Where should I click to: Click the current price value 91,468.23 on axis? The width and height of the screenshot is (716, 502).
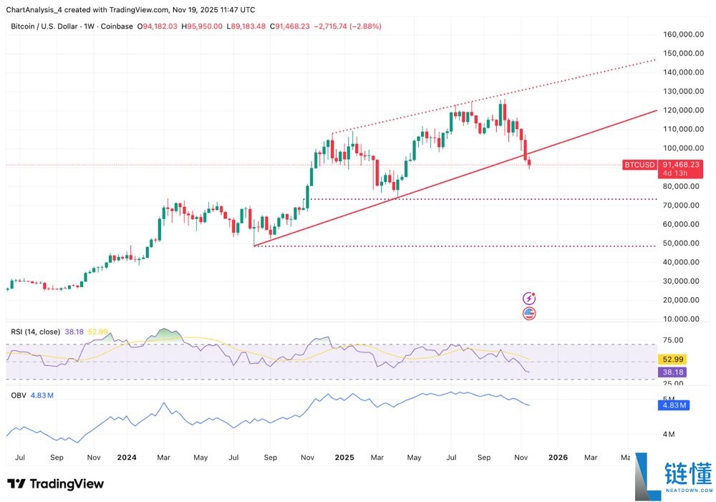click(x=681, y=164)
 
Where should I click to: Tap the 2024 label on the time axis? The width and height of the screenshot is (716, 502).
click(x=127, y=457)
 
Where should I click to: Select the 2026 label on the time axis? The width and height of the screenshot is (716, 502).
click(x=558, y=457)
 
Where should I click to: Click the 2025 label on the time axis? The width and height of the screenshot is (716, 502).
click(x=344, y=457)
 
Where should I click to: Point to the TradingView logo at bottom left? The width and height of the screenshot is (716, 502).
click(x=56, y=484)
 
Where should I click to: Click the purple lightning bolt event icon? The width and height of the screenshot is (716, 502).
click(x=529, y=299)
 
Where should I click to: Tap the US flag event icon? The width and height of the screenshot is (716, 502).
click(x=529, y=313)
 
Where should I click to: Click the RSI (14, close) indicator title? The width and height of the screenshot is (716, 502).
click(x=34, y=332)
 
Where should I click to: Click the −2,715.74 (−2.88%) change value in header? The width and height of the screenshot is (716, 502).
click(x=349, y=26)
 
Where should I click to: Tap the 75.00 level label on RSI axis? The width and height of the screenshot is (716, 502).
click(x=674, y=341)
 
